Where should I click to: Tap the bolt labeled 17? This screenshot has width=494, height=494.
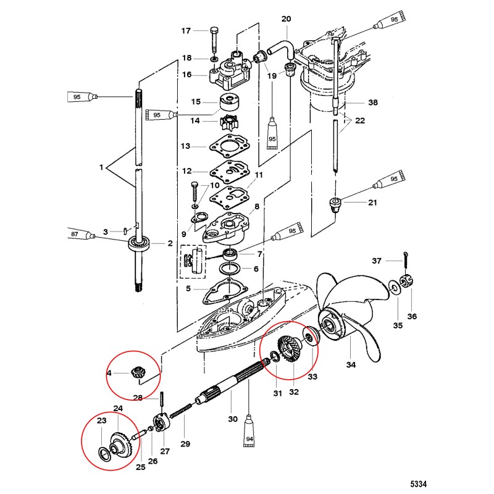tap(214, 40)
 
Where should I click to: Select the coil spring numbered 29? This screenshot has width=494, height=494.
tap(182, 410)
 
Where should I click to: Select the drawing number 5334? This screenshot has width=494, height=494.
tap(418, 484)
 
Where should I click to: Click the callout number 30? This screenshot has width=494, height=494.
tap(233, 419)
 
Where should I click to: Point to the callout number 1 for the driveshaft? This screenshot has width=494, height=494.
tap(101, 167)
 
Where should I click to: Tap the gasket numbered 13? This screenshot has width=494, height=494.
tap(229, 146)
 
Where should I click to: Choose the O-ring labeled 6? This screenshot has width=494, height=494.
tap(230, 270)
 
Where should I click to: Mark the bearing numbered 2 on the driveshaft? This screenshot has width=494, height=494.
tap(138, 243)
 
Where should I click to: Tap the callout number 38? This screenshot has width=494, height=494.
tap(373, 103)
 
